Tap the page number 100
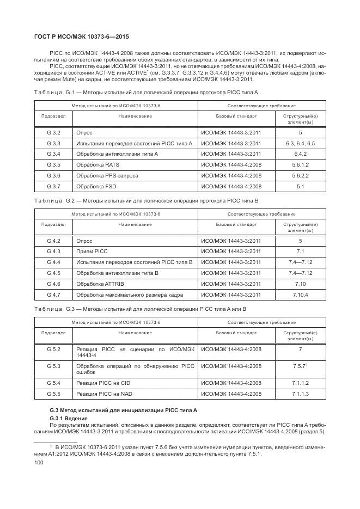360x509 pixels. coord(39,462)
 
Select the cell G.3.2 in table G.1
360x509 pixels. coord(53,133)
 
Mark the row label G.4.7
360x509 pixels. coord(53,295)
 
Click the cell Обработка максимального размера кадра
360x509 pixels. coord(130,295)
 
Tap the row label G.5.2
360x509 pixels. coord(53,348)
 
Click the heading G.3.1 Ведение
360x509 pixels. coord(64,416)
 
